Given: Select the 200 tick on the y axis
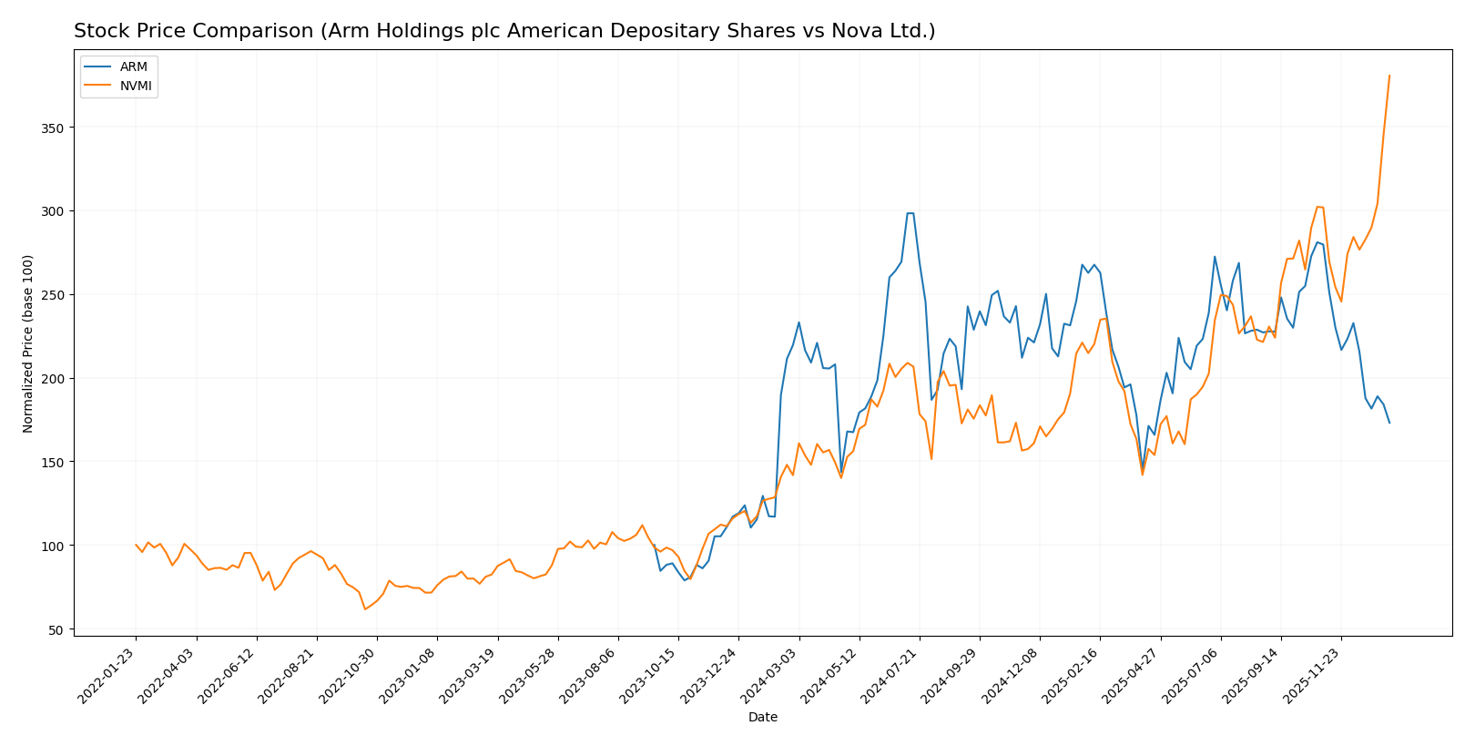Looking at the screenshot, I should click(56, 378).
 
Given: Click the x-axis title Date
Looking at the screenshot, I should click(762, 718).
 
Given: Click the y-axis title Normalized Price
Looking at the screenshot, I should click(28, 343).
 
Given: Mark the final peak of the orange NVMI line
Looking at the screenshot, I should click(1389, 76).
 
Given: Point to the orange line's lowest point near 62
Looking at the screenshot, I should click(365, 608).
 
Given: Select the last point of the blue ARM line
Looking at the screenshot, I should click(1389, 423).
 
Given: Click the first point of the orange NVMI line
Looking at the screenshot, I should click(136, 545).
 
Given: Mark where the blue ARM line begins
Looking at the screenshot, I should click(654, 546).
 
